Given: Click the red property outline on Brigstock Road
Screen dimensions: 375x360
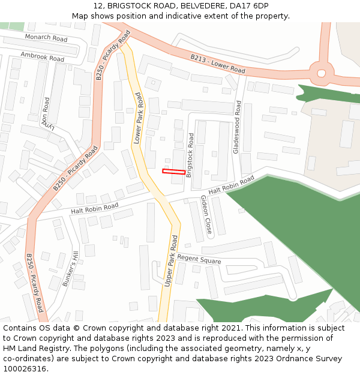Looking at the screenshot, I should point(173,172).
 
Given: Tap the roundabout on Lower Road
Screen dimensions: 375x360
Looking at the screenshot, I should point(322,73).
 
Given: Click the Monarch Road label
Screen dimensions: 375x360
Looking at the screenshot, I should point(46,38).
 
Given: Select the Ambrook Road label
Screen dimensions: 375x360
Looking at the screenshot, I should point(42,57).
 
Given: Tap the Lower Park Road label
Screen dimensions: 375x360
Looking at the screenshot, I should point(139,118).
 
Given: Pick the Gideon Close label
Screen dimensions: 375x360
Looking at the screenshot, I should point(206,214).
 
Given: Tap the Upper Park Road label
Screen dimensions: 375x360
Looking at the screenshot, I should point(171,260).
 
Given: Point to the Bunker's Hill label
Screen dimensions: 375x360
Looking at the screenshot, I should point(70,268).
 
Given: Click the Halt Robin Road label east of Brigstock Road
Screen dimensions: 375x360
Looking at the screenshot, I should point(232,185).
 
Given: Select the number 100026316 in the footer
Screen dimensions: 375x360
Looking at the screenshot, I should point(25,368).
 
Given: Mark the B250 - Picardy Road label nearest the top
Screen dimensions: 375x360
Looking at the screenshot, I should point(113,55).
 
